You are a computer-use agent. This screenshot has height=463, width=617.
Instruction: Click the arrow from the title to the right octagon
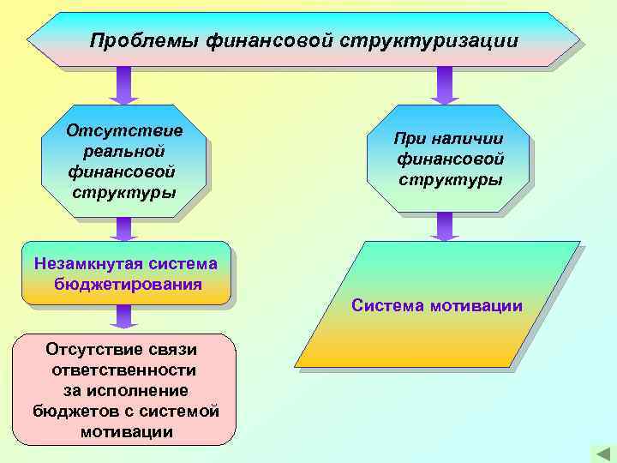(444, 86)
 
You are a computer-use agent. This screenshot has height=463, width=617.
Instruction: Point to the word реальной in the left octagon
(124, 151)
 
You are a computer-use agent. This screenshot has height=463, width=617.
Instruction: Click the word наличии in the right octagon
(468, 139)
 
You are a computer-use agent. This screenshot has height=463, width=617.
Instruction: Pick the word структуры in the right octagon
(450, 180)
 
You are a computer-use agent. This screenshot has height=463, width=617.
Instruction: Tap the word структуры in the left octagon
(124, 191)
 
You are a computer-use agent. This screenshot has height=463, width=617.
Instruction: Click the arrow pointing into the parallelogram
(444, 226)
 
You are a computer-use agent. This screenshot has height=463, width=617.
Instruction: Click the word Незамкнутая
(85, 263)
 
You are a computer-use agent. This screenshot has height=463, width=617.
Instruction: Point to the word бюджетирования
(128, 284)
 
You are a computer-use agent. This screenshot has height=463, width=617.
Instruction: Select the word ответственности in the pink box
(124, 370)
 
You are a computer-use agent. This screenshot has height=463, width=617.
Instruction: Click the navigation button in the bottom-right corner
(599, 453)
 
